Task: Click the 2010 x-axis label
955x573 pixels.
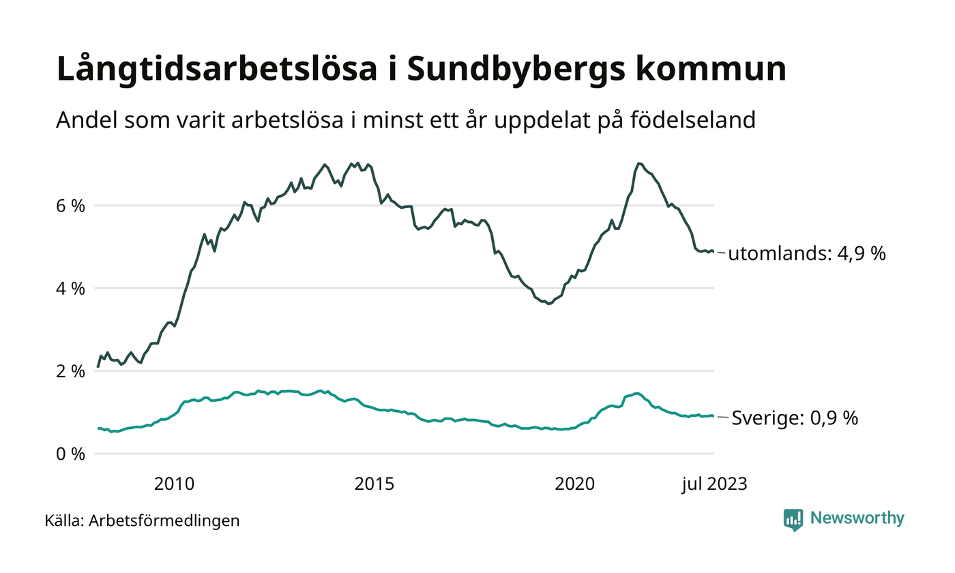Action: coord(174,485)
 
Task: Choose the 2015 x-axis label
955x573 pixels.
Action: coord(374,485)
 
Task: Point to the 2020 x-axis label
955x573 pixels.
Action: coord(574,485)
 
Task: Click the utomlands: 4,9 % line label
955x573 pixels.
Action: coord(806,254)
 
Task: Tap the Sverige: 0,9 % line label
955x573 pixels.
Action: coord(795,418)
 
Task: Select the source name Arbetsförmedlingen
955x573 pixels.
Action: coord(164,521)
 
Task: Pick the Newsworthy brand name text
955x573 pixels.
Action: coord(857,518)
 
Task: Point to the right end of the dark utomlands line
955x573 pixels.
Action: coord(714,252)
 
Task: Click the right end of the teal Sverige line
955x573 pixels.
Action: coord(714,416)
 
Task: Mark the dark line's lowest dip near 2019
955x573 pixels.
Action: coord(548,304)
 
